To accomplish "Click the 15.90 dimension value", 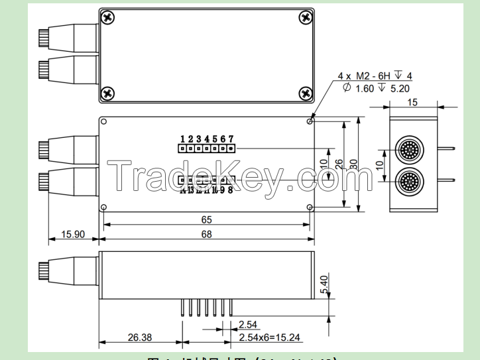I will (73, 234).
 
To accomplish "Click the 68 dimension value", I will (206, 234).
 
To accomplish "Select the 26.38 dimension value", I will (140, 337).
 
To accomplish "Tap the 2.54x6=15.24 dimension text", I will (270, 337).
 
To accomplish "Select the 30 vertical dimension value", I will (354, 164).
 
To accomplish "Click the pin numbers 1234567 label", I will (207, 139).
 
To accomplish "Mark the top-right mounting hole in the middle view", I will (310, 121).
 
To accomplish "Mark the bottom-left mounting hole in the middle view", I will (104, 207).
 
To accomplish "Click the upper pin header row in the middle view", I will (206, 149).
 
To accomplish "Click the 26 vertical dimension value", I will (339, 164).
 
